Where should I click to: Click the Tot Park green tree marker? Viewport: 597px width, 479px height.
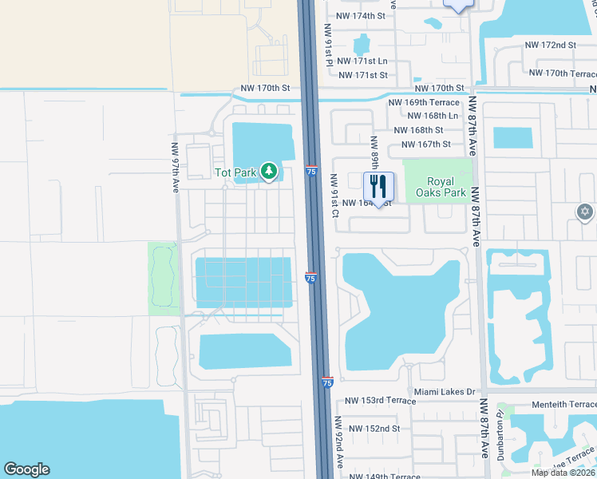pos(270,171)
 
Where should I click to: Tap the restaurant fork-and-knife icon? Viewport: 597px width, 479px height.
pos(378,187)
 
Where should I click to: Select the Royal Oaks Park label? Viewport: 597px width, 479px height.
pos(436,186)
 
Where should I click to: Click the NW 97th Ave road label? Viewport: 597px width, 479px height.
pos(176,168)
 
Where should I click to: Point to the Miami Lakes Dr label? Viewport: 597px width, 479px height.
pos(445,392)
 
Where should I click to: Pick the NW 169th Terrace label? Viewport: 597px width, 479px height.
pos(424,102)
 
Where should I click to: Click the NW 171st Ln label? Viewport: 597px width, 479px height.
pos(362,61)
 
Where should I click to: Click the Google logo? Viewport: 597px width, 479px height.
pos(26,469)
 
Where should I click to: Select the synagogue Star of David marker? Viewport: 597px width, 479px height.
pos(585,212)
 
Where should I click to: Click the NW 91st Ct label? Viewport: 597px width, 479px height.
pos(335,196)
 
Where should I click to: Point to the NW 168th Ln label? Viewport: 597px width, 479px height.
pos(431,116)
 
